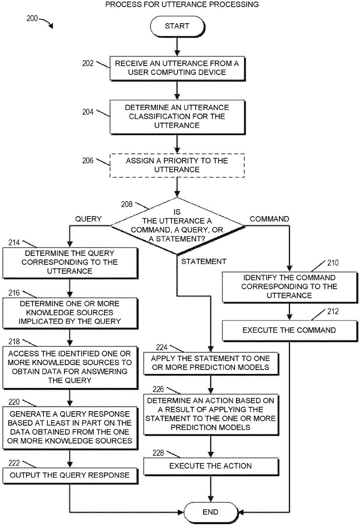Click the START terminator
[x=177, y=26]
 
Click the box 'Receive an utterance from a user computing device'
[x=177, y=68]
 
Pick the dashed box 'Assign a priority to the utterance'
[x=177, y=165]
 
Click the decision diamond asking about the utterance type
[x=177, y=226]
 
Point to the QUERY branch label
[x=89, y=219]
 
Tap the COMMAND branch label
[x=269, y=219]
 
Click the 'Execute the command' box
[x=289, y=330]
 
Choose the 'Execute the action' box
[x=210, y=466]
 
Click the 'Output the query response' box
[x=70, y=475]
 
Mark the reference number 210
[x=333, y=263]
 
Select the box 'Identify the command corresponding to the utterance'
[x=289, y=287]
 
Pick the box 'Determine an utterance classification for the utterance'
[x=177, y=117]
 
